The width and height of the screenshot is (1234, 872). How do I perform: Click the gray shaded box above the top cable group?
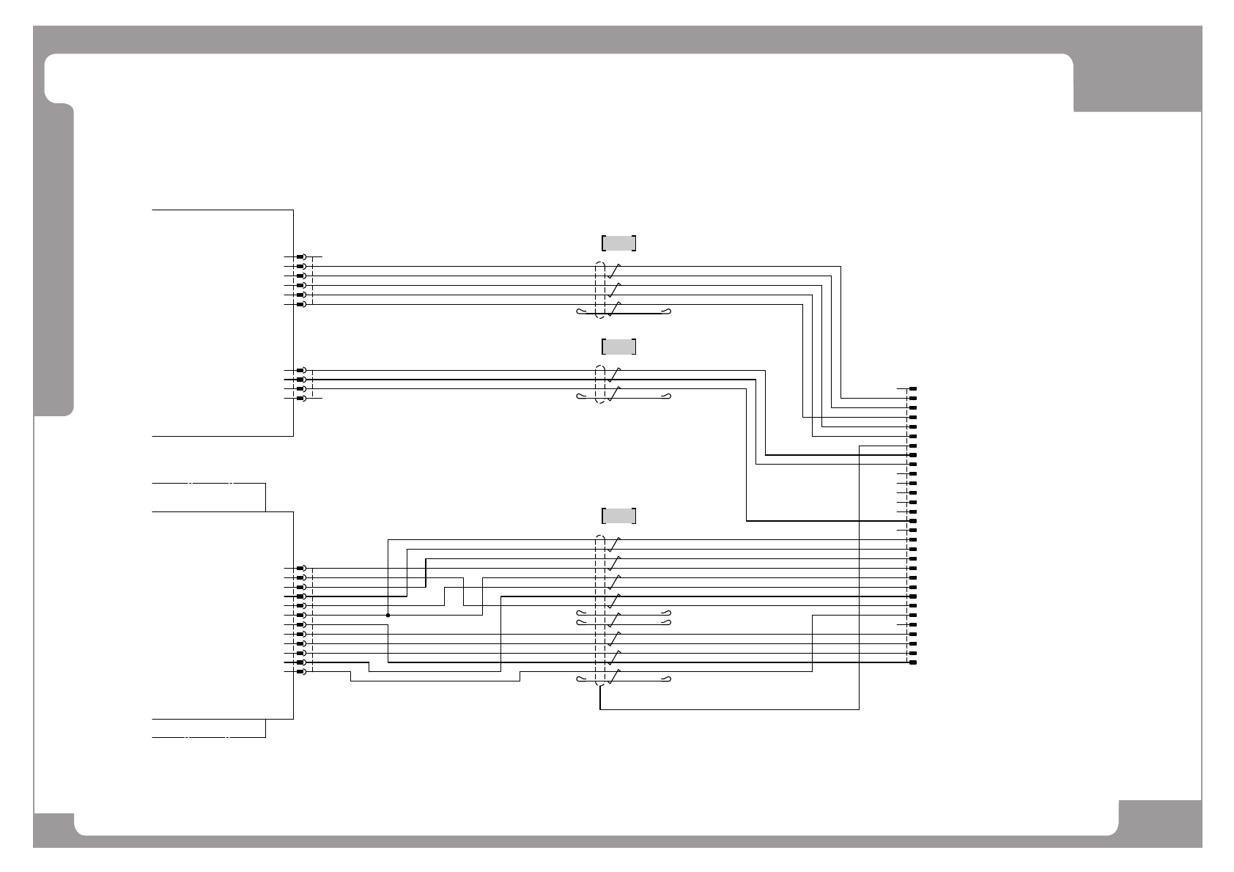(618, 243)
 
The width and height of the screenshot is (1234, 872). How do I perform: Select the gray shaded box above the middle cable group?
(618, 347)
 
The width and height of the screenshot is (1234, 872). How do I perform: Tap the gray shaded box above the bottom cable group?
(618, 516)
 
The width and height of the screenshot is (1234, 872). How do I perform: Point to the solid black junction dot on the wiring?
(388, 616)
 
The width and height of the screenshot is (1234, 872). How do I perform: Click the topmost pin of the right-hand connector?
(913, 388)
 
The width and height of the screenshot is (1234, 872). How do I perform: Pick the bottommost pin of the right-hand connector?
(913, 662)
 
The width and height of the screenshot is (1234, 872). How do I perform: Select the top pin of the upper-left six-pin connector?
(300, 257)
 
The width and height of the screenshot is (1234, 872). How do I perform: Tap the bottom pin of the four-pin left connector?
(300, 398)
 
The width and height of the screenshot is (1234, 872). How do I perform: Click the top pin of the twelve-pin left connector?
(300, 568)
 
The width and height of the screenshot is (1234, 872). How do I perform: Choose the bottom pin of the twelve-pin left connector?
(300, 672)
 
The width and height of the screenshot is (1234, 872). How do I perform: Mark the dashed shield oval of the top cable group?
(600, 290)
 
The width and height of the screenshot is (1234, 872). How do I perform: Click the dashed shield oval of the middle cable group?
(600, 384)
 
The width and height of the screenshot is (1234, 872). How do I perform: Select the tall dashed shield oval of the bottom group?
(600, 611)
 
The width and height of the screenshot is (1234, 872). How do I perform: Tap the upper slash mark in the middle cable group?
(616, 372)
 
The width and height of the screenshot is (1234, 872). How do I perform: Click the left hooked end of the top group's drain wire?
(581, 313)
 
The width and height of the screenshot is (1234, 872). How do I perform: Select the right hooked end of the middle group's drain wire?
(667, 397)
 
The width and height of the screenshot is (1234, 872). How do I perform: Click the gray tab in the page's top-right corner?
(1137, 81)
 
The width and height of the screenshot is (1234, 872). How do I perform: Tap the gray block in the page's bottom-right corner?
(1160, 824)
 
